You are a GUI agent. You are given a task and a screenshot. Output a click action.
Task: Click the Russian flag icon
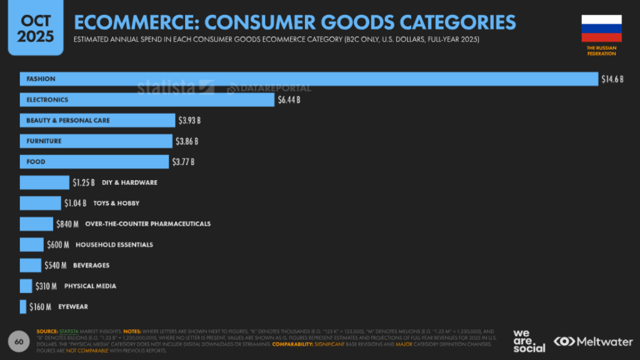(601, 28)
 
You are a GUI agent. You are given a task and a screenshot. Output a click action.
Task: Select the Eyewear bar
(23, 307)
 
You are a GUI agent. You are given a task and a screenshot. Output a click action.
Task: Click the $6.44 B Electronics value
(289, 100)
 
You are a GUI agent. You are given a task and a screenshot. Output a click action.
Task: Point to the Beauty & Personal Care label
(68, 121)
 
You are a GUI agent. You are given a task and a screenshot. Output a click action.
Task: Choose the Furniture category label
(44, 141)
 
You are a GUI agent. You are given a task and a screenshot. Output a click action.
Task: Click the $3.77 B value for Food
(183, 162)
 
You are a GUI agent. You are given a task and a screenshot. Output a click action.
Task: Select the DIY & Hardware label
(129, 182)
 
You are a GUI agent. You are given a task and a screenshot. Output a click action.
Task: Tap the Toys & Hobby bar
(41, 203)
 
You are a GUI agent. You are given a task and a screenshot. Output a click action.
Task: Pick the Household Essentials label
(114, 244)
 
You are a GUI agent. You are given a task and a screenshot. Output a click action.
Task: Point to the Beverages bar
(31, 265)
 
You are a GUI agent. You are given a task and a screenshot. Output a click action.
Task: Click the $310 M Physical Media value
(46, 286)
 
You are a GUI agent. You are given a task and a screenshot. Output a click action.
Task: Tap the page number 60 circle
(19, 342)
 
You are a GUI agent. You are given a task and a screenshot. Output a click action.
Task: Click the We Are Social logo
(529, 341)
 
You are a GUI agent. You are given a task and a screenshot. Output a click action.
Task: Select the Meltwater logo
(593, 341)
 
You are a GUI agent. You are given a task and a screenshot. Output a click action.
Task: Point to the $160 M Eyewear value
(41, 307)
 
